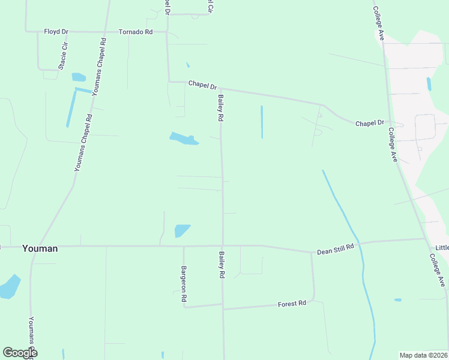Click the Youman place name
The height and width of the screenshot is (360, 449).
tap(40, 248)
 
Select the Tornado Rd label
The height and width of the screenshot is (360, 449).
tap(135, 31)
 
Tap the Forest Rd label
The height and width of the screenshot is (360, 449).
tap(292, 304)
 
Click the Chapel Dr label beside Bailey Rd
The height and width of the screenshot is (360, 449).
tap(202, 85)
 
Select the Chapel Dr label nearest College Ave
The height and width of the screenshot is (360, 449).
tap(369, 123)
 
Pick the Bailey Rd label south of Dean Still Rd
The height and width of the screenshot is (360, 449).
tap(221, 264)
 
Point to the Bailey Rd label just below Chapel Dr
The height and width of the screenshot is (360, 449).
tap(221, 108)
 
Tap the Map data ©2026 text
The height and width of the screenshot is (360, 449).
tap(423, 355)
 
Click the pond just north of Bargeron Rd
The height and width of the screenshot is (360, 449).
tap(182, 231)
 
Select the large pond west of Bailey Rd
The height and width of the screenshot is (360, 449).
tap(183, 139)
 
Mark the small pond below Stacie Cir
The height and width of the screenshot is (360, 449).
tap(79, 77)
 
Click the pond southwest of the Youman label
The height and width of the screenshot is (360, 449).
tap(9, 287)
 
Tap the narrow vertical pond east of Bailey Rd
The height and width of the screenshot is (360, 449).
tap(262, 122)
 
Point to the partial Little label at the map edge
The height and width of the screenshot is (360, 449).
tap(442, 248)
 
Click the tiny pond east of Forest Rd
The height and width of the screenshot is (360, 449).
tap(398, 299)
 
